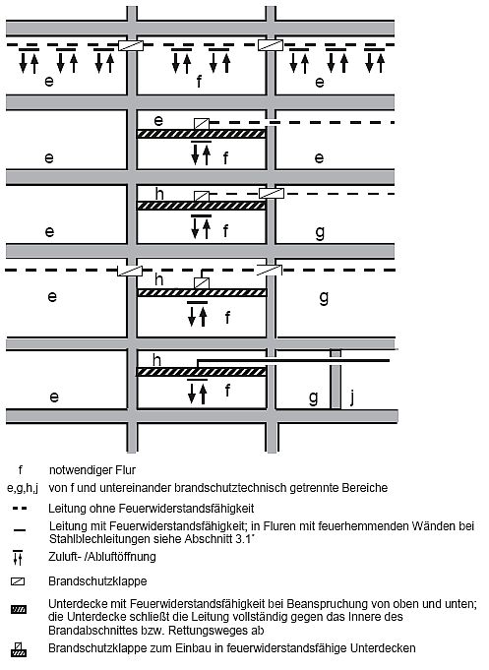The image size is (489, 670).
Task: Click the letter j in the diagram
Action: coord(352,396)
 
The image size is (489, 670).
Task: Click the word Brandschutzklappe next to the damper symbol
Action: coord(97,581)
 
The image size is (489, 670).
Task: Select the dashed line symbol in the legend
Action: coord(20,509)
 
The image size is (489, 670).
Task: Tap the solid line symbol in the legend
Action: coord(20,530)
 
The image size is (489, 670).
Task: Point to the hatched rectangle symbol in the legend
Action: coord(19,609)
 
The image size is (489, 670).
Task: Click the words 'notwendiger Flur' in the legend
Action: coord(92,470)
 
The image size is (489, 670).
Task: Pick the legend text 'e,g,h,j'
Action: coord(23,488)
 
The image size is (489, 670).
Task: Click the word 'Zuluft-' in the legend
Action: coord(64,557)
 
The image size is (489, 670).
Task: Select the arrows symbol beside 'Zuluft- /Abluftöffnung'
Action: coord(18,557)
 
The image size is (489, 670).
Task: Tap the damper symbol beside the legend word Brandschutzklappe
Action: coord(18,581)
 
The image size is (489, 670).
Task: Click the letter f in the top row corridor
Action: coord(199,81)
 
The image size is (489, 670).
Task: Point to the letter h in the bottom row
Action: coord(157,360)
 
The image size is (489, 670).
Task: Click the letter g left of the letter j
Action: coord(313,398)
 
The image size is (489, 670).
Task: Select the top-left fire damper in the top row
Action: coord(131,45)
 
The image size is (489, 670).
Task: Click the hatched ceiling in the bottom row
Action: coord(202,372)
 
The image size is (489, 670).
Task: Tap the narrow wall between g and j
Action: coord(336,379)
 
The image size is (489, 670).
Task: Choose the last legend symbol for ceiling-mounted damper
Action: coord(19,649)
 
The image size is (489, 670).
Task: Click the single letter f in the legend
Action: coord(20,470)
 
